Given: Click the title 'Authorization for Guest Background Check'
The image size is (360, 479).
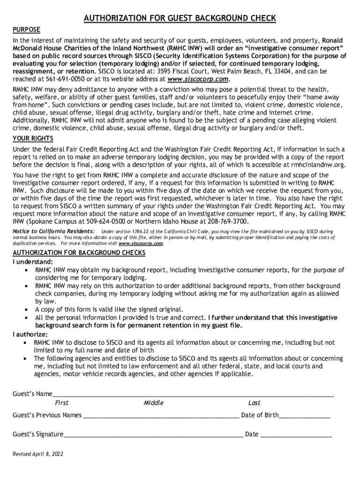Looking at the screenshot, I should [x=180, y=18].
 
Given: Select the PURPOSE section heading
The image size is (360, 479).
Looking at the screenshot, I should [x=26, y=30].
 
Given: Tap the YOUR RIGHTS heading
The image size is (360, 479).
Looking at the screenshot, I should [x=33, y=139].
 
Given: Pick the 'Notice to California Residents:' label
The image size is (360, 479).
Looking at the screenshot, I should [x=53, y=232].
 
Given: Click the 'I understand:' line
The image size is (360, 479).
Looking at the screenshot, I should [x=33, y=261].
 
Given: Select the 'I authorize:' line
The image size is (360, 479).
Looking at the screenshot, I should [x=30, y=334].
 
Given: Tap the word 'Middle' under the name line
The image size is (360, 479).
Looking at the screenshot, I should [x=153, y=403].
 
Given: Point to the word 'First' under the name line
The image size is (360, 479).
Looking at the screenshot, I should [x=61, y=403].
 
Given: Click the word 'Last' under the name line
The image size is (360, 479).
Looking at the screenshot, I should [x=254, y=403].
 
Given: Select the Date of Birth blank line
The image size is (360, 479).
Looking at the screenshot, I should [x=304, y=416].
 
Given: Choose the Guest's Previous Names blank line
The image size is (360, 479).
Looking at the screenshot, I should [x=161, y=416].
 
